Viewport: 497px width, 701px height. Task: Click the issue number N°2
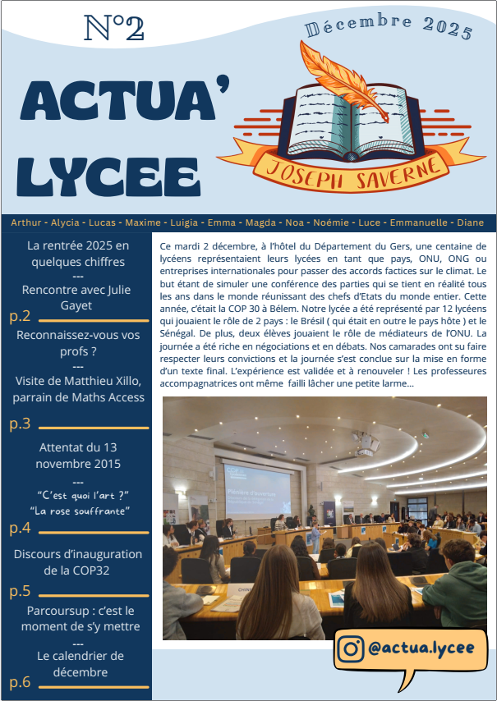[x=114, y=28]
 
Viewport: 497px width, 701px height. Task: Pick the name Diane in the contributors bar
[x=471, y=222]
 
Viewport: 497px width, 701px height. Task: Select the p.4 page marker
[x=20, y=528]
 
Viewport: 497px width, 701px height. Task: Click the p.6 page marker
[x=20, y=682]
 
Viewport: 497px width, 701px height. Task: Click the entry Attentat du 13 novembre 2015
[x=78, y=456]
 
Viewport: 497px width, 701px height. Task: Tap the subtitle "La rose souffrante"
[x=79, y=511]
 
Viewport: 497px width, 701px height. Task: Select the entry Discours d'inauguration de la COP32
[x=78, y=562]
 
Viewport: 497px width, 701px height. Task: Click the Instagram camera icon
[x=351, y=648]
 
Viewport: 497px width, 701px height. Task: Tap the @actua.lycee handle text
[x=421, y=648]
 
